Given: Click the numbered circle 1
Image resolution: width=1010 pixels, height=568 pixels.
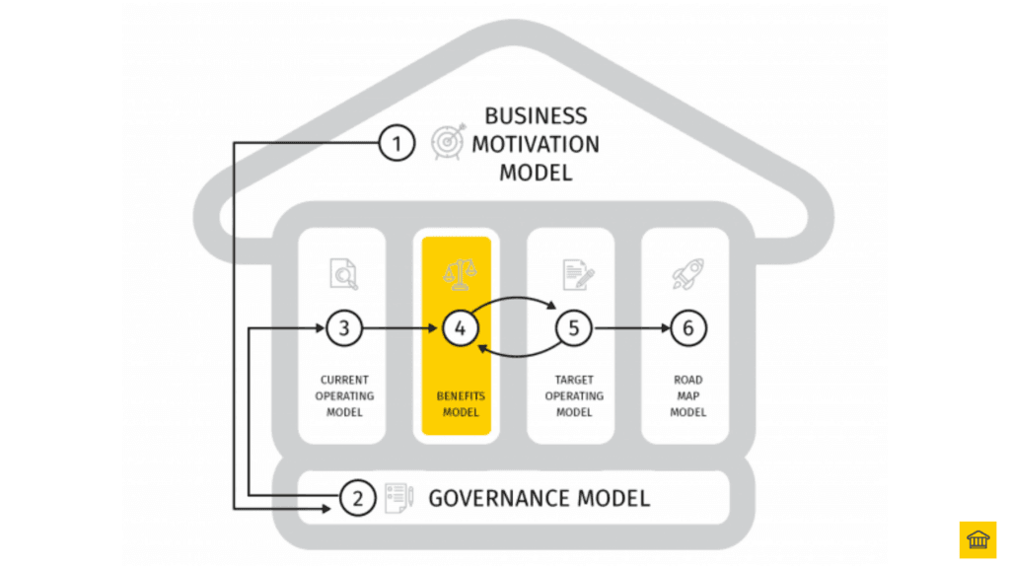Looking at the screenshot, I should pos(397,145).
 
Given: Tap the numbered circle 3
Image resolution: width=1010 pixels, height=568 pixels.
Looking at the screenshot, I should pos(344,328).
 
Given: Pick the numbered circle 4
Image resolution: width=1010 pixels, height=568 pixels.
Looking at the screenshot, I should pos(459,328).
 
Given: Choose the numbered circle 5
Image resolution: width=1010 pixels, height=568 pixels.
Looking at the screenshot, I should pos(573,328).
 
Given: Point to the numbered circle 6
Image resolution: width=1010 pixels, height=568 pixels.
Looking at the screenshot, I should pos(688,328).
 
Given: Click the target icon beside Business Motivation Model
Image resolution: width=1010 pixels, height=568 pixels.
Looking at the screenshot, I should pos(447,143).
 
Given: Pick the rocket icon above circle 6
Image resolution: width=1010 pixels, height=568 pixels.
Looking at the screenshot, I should pos(686,273).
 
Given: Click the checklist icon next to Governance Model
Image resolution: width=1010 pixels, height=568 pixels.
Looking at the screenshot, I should pos(397,498).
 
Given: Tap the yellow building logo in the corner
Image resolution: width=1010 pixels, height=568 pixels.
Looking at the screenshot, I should pos(977,539).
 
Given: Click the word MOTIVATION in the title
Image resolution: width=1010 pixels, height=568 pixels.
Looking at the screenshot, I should pos(535,144).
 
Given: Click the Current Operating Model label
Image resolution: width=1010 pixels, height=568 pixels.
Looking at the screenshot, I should pos(344,395).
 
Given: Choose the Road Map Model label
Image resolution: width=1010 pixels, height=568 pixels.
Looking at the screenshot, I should pos(687,395).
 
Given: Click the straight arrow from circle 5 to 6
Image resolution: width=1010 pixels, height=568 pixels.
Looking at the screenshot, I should pos(630,328).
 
